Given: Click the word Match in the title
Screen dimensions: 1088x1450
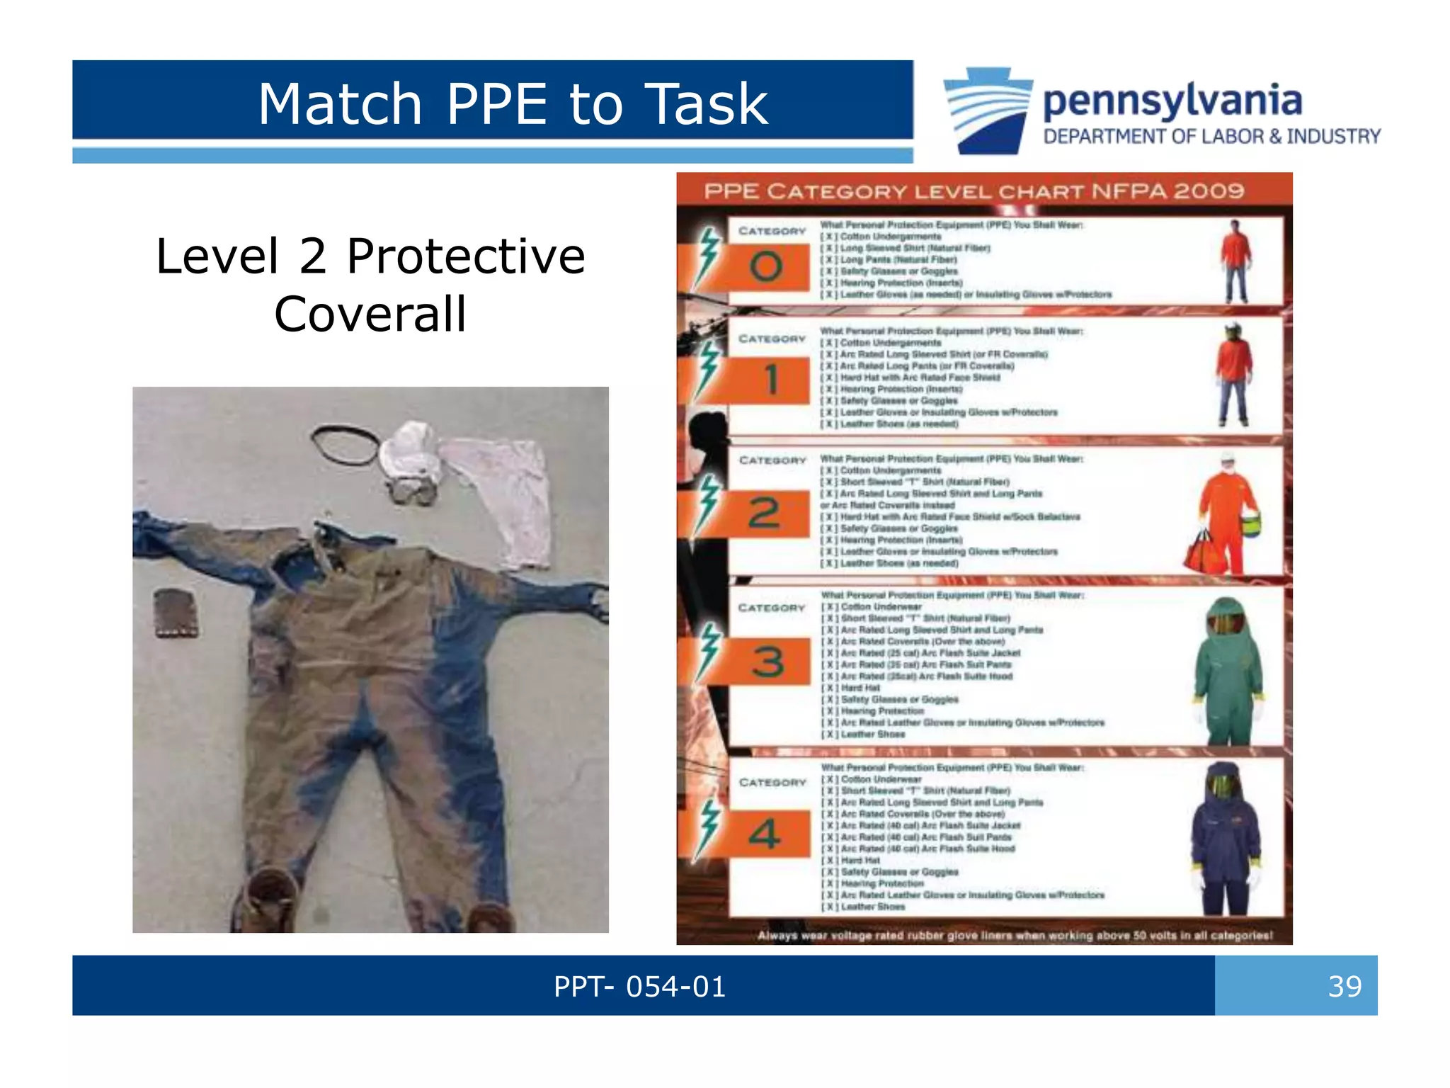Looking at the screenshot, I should (x=340, y=104).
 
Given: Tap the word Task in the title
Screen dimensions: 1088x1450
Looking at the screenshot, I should (x=707, y=104).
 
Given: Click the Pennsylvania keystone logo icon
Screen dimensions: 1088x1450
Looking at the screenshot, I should (x=988, y=110).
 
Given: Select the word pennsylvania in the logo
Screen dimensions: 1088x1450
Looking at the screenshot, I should (x=1172, y=101).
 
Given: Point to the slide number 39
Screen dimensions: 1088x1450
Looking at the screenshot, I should (x=1344, y=986).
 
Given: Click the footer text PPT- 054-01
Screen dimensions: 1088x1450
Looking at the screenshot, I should (x=639, y=986).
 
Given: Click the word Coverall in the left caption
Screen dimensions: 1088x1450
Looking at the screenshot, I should (x=370, y=314).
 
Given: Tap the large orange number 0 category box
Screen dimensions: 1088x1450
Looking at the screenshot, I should (x=766, y=267).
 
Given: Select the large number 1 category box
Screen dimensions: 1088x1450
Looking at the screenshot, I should (x=771, y=380).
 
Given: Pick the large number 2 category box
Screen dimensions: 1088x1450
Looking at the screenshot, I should (x=765, y=513).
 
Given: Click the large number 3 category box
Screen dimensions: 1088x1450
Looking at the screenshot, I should (x=767, y=662).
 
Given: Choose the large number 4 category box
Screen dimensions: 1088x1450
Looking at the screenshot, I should (x=765, y=834).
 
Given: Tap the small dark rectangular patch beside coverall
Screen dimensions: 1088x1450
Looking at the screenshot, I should (x=176, y=613).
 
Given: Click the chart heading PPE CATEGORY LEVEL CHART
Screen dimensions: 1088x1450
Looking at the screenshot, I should (x=974, y=191).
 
